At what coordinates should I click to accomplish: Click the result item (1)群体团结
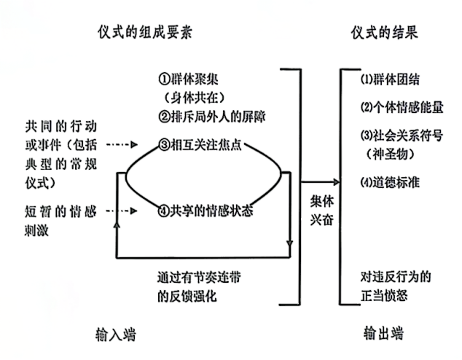coord(391,79)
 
